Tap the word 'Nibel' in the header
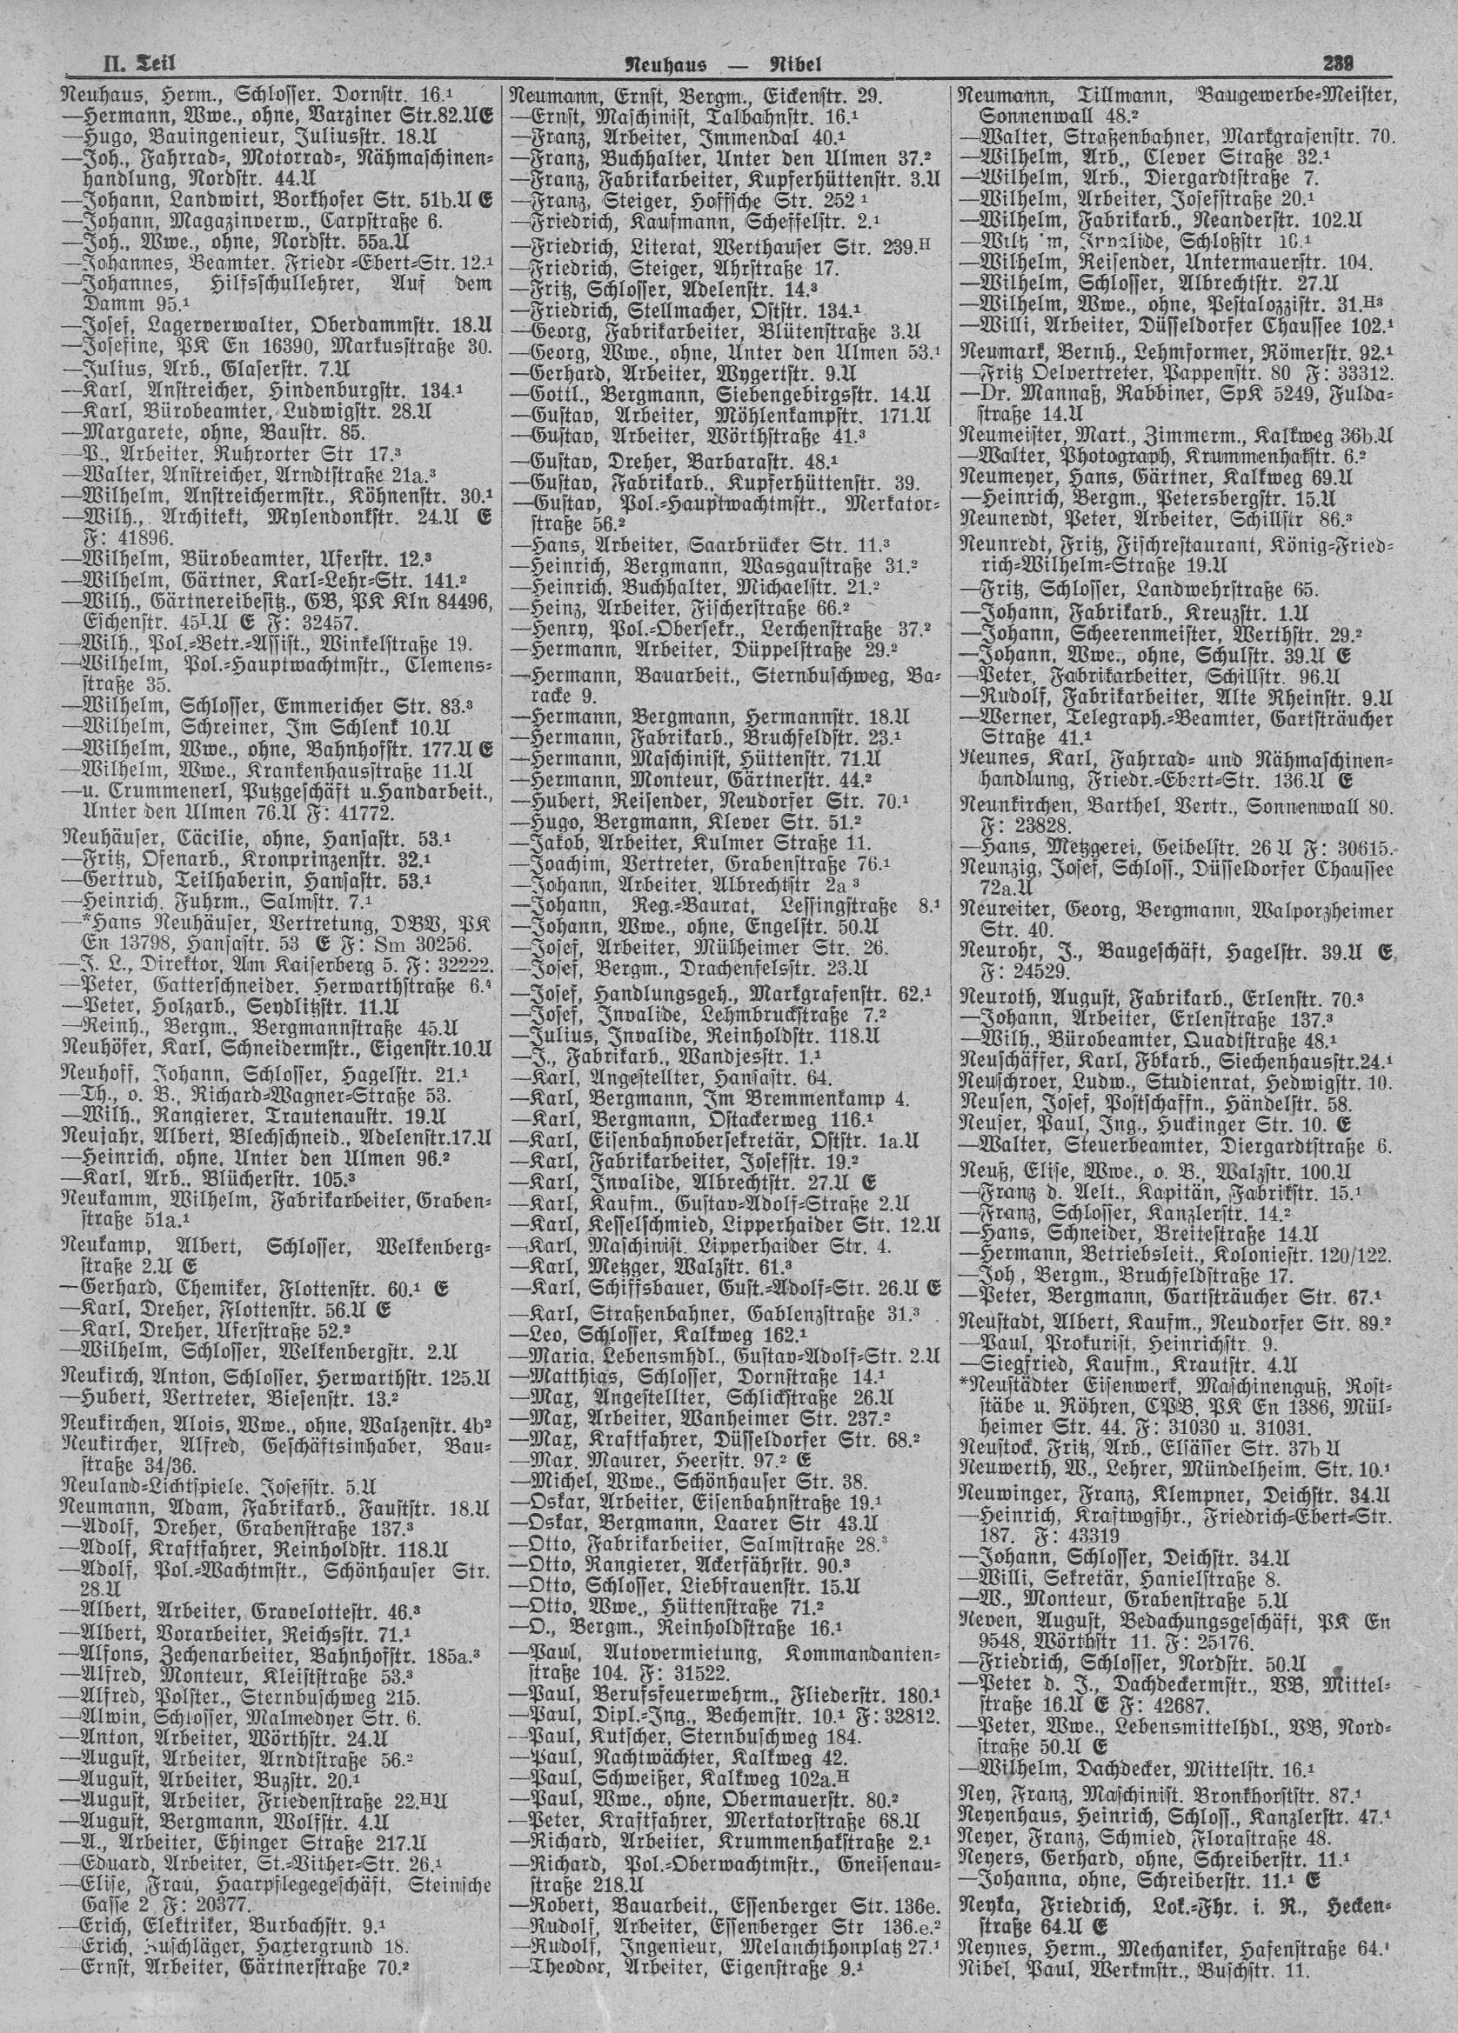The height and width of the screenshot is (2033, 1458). pos(794,63)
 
